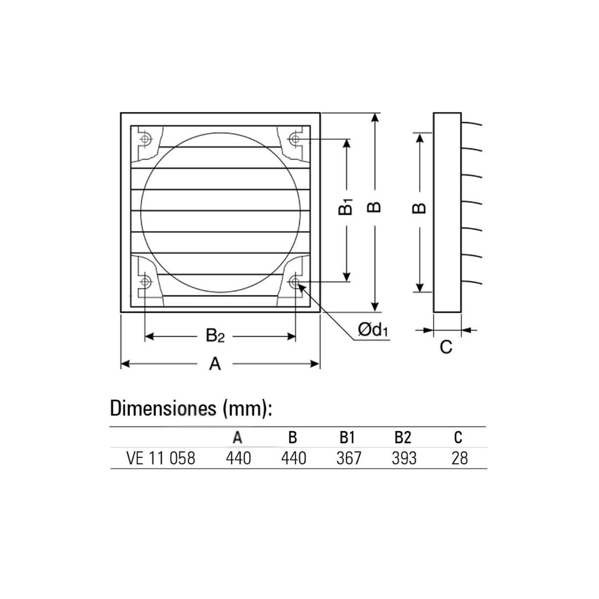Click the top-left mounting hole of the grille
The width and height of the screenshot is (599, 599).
[145, 139]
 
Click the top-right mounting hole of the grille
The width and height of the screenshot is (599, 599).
[295, 139]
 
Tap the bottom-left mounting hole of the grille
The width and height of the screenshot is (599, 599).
[145, 282]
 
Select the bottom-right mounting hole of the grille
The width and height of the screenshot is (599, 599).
[295, 282]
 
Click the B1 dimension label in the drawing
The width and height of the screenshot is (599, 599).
[346, 207]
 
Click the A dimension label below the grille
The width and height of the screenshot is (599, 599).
[215, 364]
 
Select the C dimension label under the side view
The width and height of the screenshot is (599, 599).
[446, 347]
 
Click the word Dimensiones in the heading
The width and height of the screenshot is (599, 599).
[163, 408]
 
